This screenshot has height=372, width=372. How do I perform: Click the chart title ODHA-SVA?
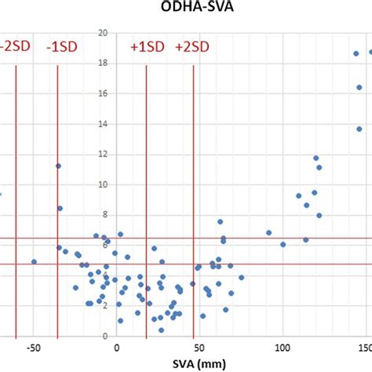tap(187, 7)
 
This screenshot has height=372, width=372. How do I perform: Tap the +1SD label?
tap(148, 47)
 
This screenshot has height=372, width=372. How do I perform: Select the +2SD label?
tap(192, 47)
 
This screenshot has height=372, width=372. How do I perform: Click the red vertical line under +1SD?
tap(147, 196)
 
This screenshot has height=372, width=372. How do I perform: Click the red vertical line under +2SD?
tap(193, 196)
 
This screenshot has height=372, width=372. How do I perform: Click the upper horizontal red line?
tap(235, 238)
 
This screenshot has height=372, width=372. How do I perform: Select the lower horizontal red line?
tap(235, 264)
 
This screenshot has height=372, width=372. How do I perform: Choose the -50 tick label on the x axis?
tap(34, 346)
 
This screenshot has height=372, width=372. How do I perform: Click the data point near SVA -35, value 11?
tap(58, 166)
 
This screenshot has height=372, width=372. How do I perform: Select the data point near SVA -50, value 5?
tap(34, 261)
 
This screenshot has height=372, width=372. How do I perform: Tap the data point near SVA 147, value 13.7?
tap(359, 129)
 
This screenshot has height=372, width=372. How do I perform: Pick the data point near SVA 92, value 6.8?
tap(269, 232)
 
